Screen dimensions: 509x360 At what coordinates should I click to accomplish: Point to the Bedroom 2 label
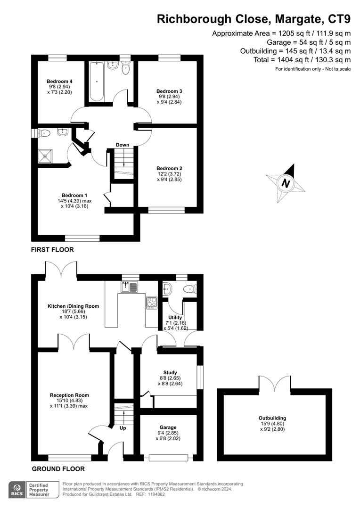tap(169, 168)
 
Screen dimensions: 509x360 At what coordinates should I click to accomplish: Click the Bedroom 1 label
tap(74, 195)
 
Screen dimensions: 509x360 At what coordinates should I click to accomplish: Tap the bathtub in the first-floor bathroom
tap(97, 81)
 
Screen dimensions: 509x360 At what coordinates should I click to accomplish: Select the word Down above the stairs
tap(123, 145)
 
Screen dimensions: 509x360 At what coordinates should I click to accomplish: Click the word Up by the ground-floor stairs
tap(123, 428)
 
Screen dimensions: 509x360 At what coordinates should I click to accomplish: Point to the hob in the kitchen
tap(152, 302)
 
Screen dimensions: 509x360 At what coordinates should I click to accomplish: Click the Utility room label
tap(175, 318)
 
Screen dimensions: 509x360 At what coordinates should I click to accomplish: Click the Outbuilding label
tap(272, 418)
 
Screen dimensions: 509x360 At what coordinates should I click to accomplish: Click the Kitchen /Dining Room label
tap(73, 306)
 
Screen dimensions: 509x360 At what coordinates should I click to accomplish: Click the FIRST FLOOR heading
tap(52, 250)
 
